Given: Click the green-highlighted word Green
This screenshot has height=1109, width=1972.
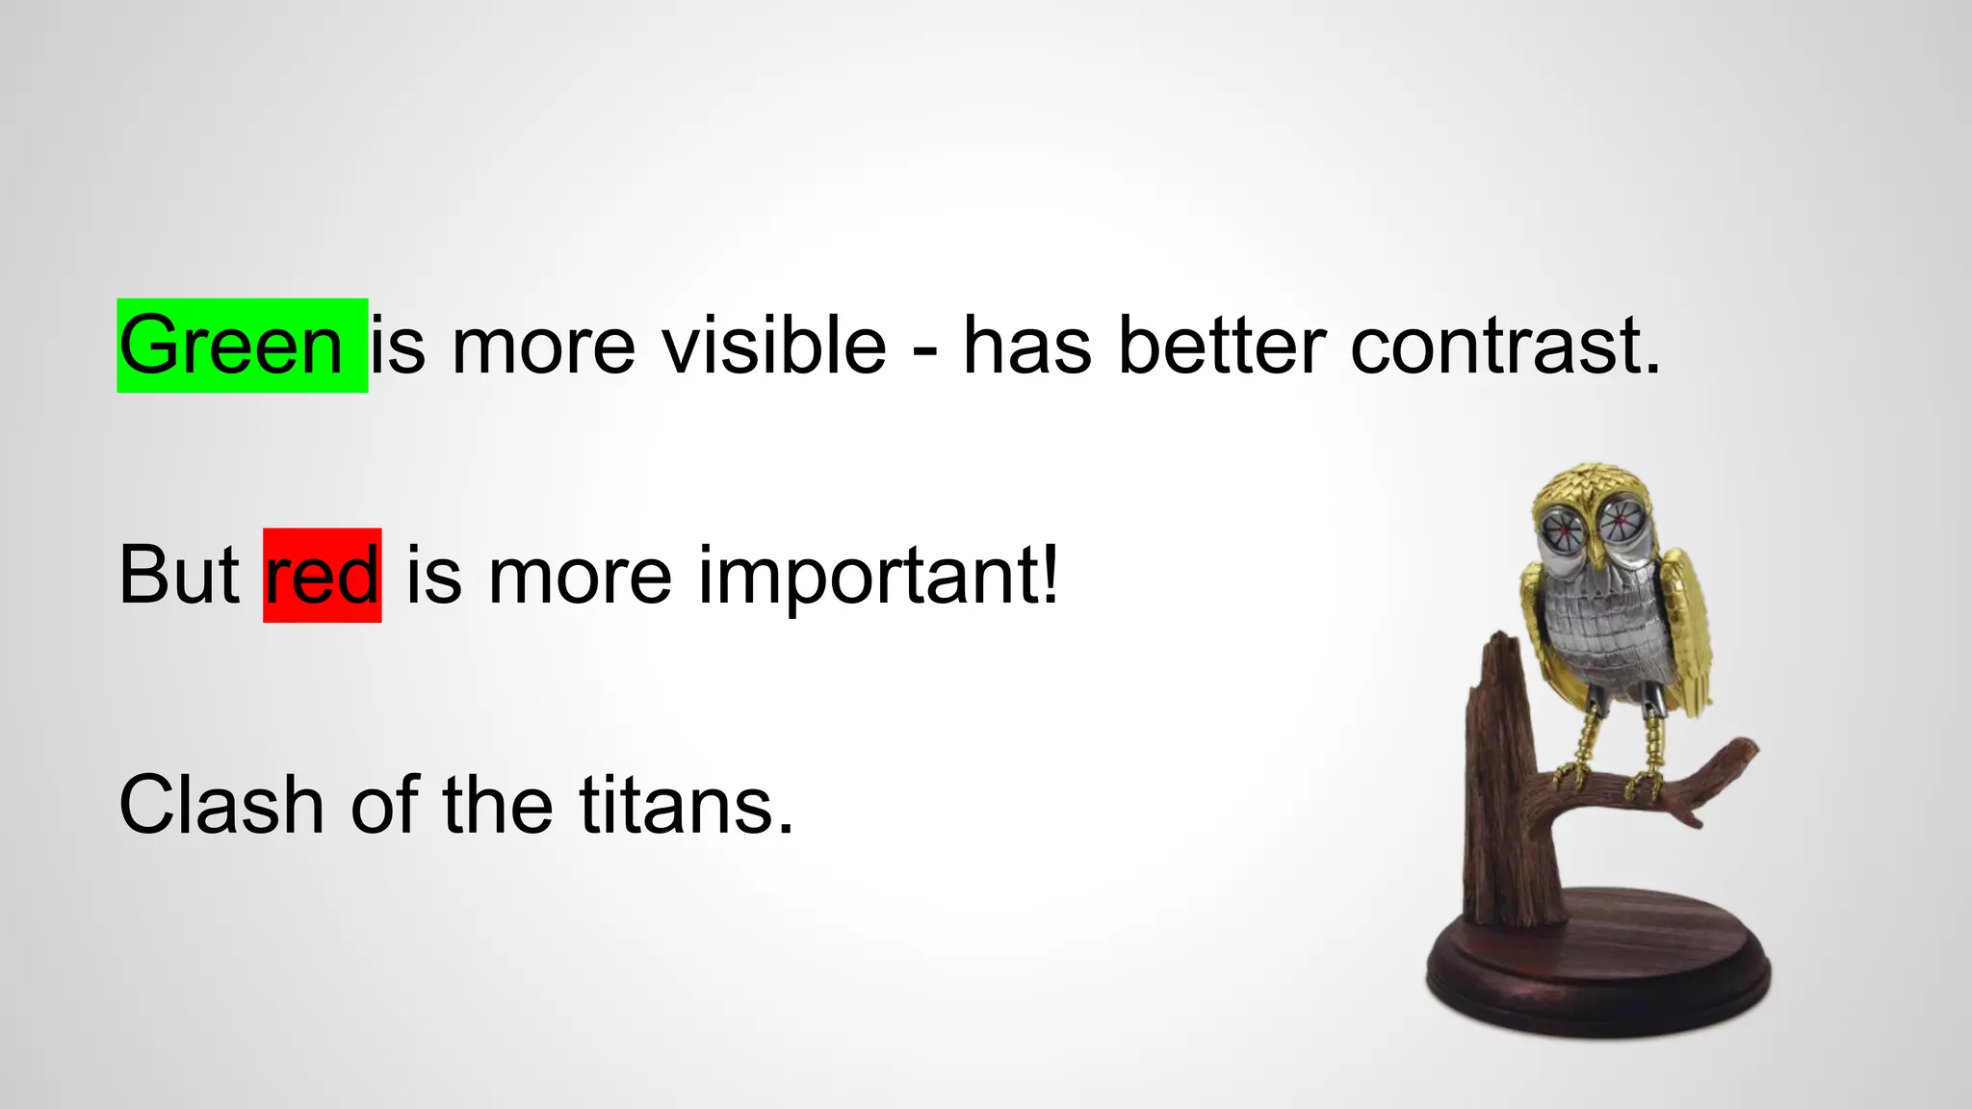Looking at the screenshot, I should [231, 347].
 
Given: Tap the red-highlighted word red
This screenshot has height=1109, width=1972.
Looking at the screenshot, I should [322, 576].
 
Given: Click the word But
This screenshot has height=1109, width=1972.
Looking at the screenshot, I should [179, 576].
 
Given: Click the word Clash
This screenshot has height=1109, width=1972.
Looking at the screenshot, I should [221, 805].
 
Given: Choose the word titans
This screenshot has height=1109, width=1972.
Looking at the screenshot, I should [686, 805].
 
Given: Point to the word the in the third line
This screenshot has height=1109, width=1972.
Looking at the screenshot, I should [497, 805].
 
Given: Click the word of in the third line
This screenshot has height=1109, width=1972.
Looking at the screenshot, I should [384, 805].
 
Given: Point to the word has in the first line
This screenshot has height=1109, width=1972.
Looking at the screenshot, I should [1027, 347].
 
